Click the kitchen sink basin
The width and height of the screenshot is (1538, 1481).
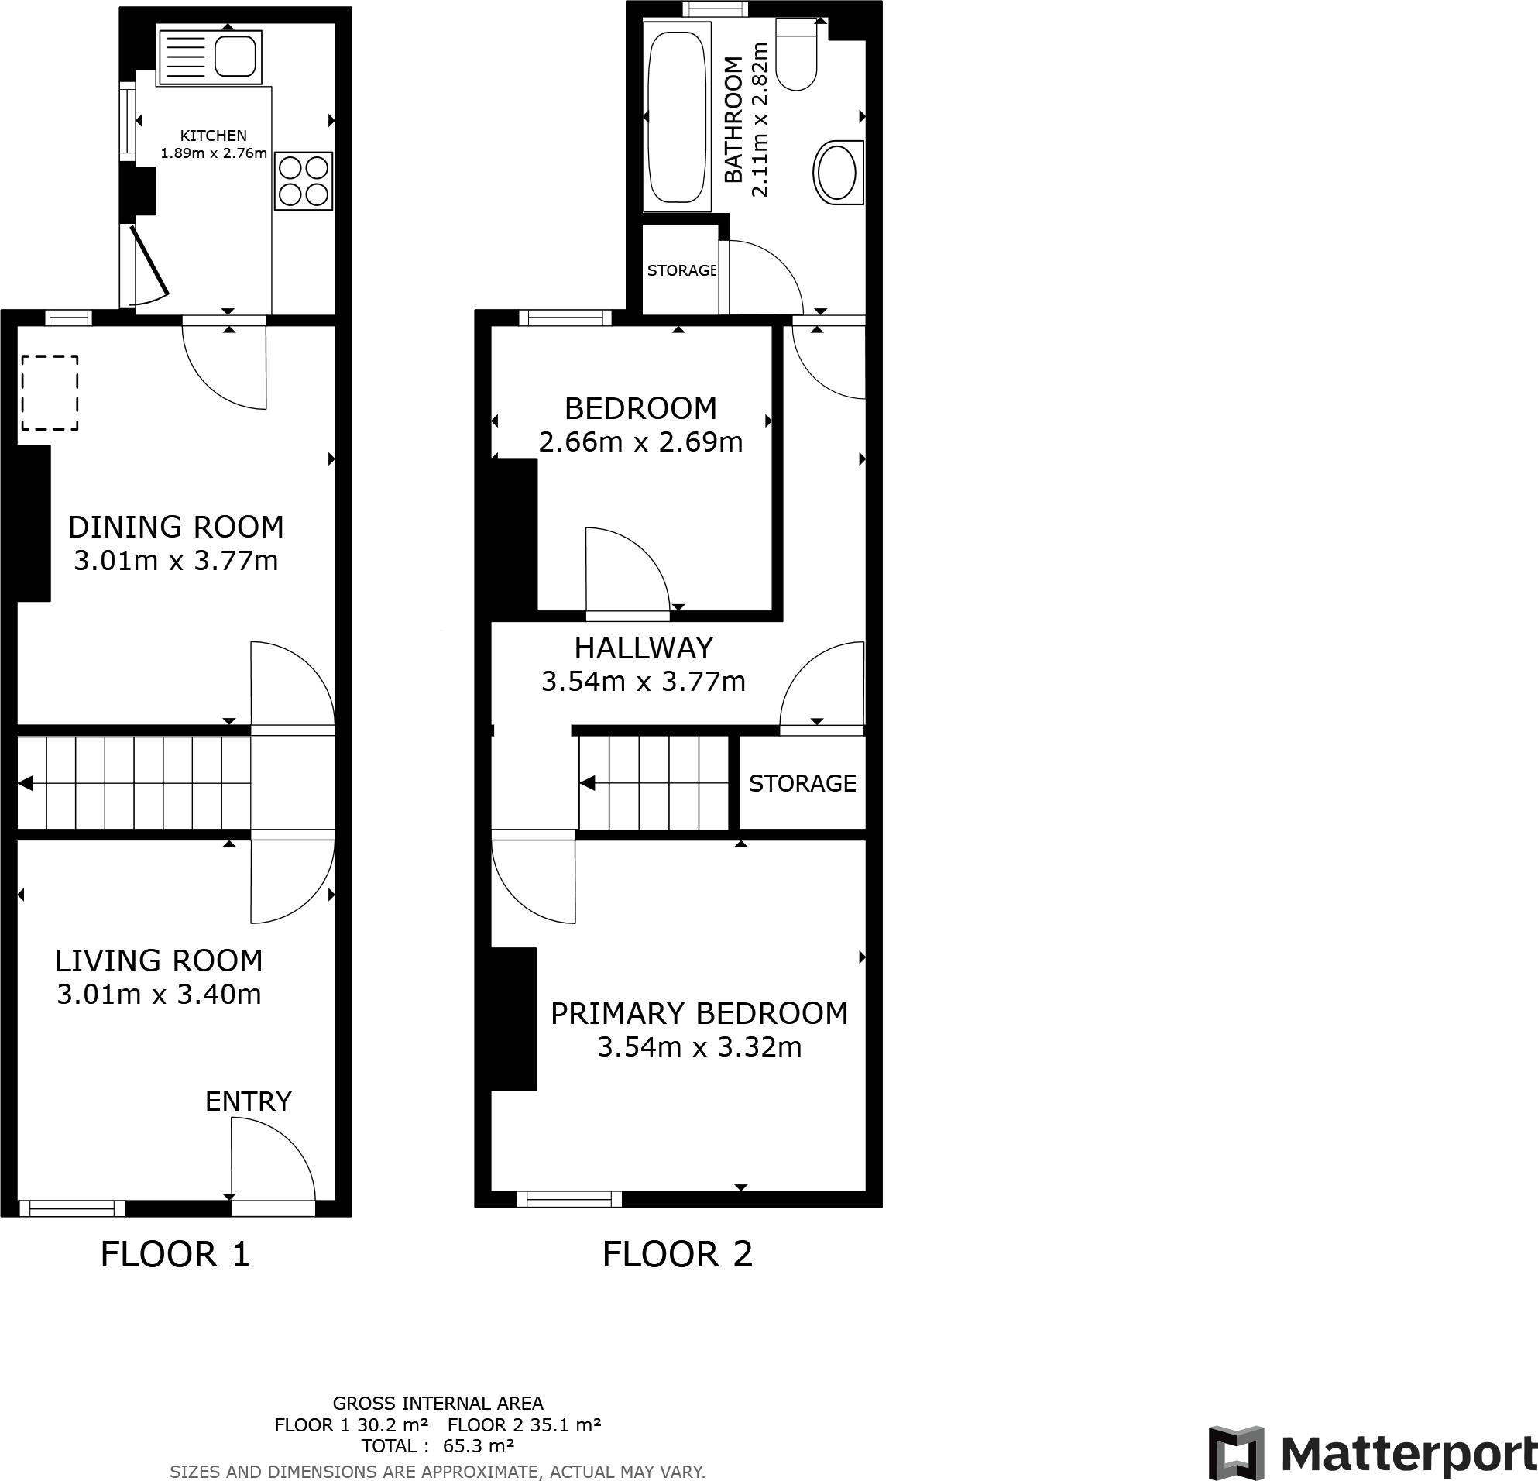click(x=235, y=57)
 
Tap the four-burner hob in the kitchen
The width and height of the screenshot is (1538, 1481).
click(x=304, y=180)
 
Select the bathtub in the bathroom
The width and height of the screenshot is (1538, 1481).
click(x=676, y=116)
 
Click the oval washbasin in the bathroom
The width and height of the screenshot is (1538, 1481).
click(x=837, y=173)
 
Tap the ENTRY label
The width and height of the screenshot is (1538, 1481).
click(x=248, y=1101)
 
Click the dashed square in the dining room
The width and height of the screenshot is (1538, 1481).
click(x=50, y=393)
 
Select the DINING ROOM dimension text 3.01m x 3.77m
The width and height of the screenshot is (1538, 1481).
click(x=176, y=560)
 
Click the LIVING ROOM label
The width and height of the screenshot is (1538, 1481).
click(x=159, y=960)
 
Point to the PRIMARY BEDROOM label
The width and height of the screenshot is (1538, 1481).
click(x=699, y=1013)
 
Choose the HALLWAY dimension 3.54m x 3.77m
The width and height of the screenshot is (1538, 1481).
click(x=644, y=680)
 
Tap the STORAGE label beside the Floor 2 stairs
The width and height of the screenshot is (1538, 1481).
click(x=802, y=783)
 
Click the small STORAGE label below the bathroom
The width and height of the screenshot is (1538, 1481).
click(x=681, y=270)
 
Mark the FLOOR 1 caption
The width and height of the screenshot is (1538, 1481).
click(x=175, y=1254)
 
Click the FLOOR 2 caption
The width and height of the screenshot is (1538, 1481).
click(x=677, y=1254)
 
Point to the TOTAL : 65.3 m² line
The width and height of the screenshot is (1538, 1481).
click(x=437, y=1445)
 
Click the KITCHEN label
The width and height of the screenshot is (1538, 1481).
click(x=214, y=136)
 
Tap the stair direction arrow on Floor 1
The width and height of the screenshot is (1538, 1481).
click(x=26, y=783)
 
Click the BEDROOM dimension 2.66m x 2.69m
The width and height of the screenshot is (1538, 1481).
click(x=640, y=442)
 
